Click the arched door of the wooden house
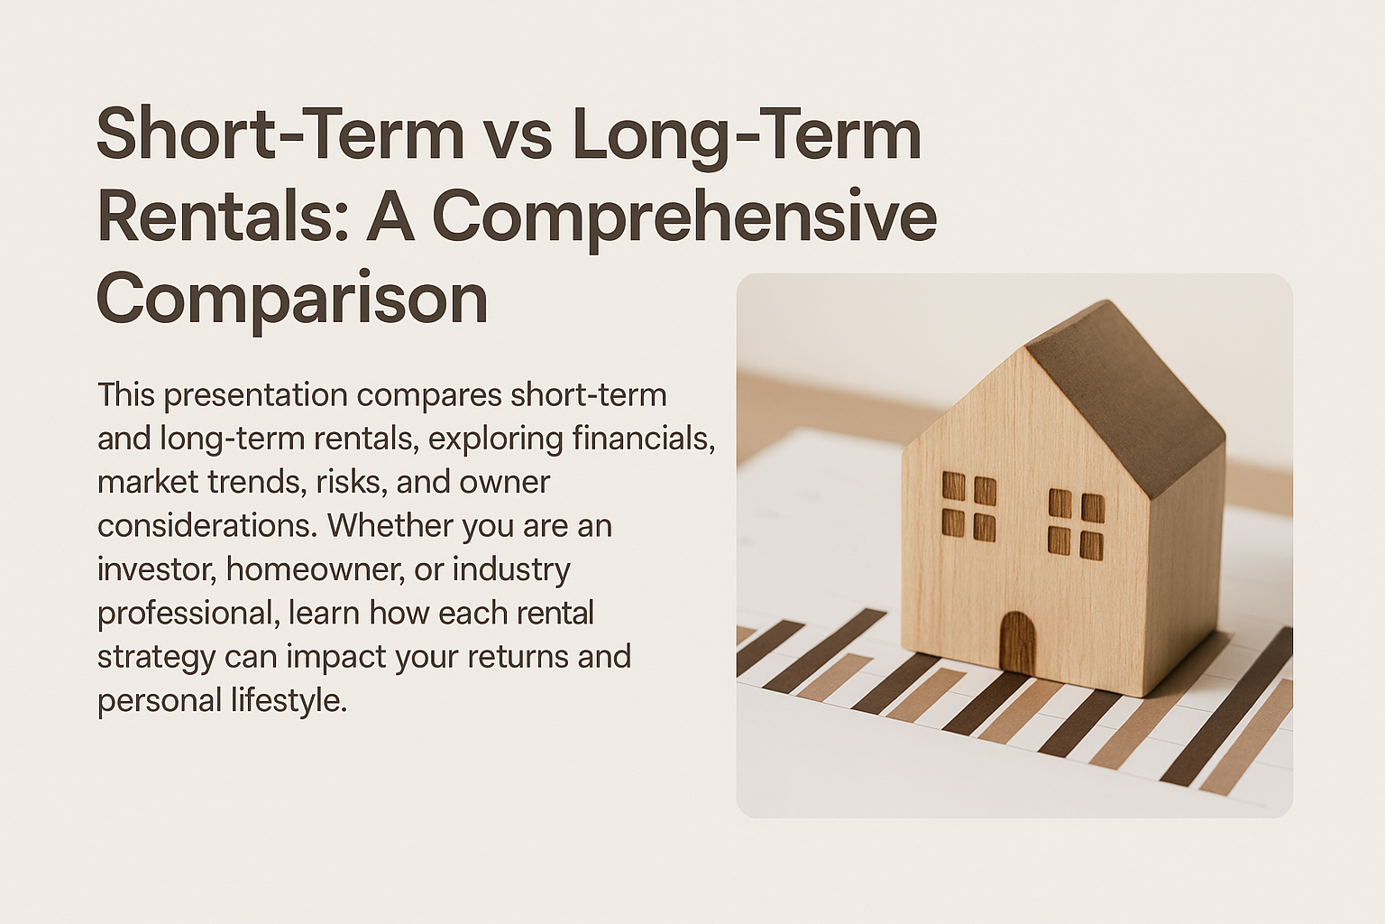pyautogui.click(x=1017, y=642)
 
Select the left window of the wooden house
pyautogui.click(x=969, y=507)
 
